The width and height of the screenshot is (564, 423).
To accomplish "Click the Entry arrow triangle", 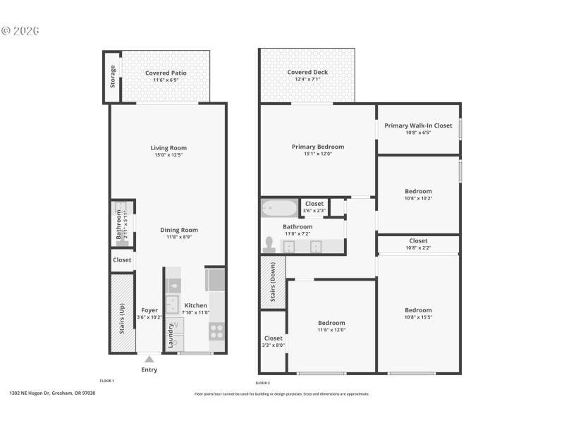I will (x=149, y=359).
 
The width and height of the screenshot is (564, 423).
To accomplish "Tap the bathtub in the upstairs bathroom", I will (x=280, y=209).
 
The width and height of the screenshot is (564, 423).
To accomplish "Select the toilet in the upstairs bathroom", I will (x=269, y=245).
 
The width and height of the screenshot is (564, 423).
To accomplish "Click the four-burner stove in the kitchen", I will (x=216, y=330).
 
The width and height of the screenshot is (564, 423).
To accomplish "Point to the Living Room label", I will (x=168, y=148).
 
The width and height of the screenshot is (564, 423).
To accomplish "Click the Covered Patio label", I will (x=166, y=73).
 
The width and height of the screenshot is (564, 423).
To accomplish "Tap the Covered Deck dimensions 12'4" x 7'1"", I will (x=307, y=80).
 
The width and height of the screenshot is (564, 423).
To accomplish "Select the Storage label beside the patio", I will (x=113, y=77).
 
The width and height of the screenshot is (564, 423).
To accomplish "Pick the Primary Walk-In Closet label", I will (x=418, y=125).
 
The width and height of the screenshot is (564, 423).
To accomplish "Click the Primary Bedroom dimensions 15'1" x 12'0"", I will (x=317, y=154).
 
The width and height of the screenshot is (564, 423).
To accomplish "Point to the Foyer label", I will (x=149, y=310).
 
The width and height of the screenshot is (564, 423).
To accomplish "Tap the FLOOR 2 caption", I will (x=262, y=383).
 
